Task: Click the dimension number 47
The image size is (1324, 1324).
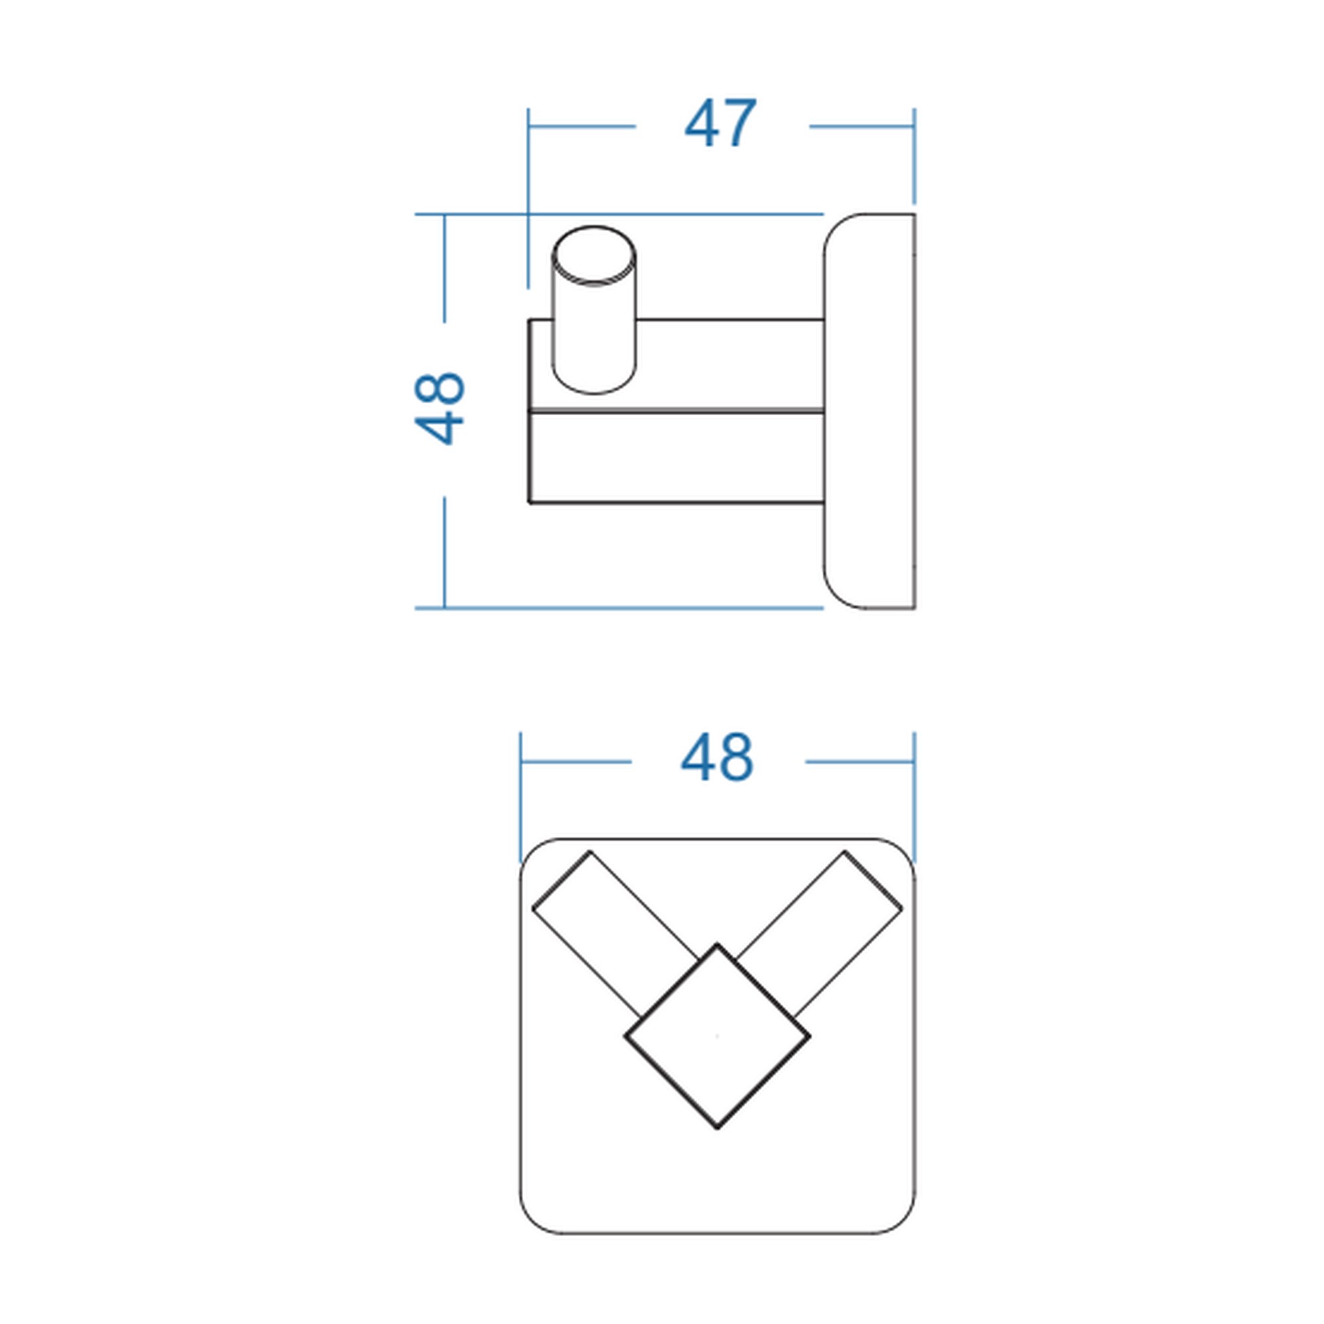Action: pyautogui.click(x=720, y=123)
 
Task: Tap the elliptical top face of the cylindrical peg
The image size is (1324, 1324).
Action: pyautogui.click(x=593, y=255)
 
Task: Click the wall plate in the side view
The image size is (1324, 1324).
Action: pyautogui.click(x=869, y=411)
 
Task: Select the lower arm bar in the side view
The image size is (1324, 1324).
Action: pyautogui.click(x=676, y=457)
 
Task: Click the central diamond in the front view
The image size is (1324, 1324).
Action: pyautogui.click(x=717, y=1035)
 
